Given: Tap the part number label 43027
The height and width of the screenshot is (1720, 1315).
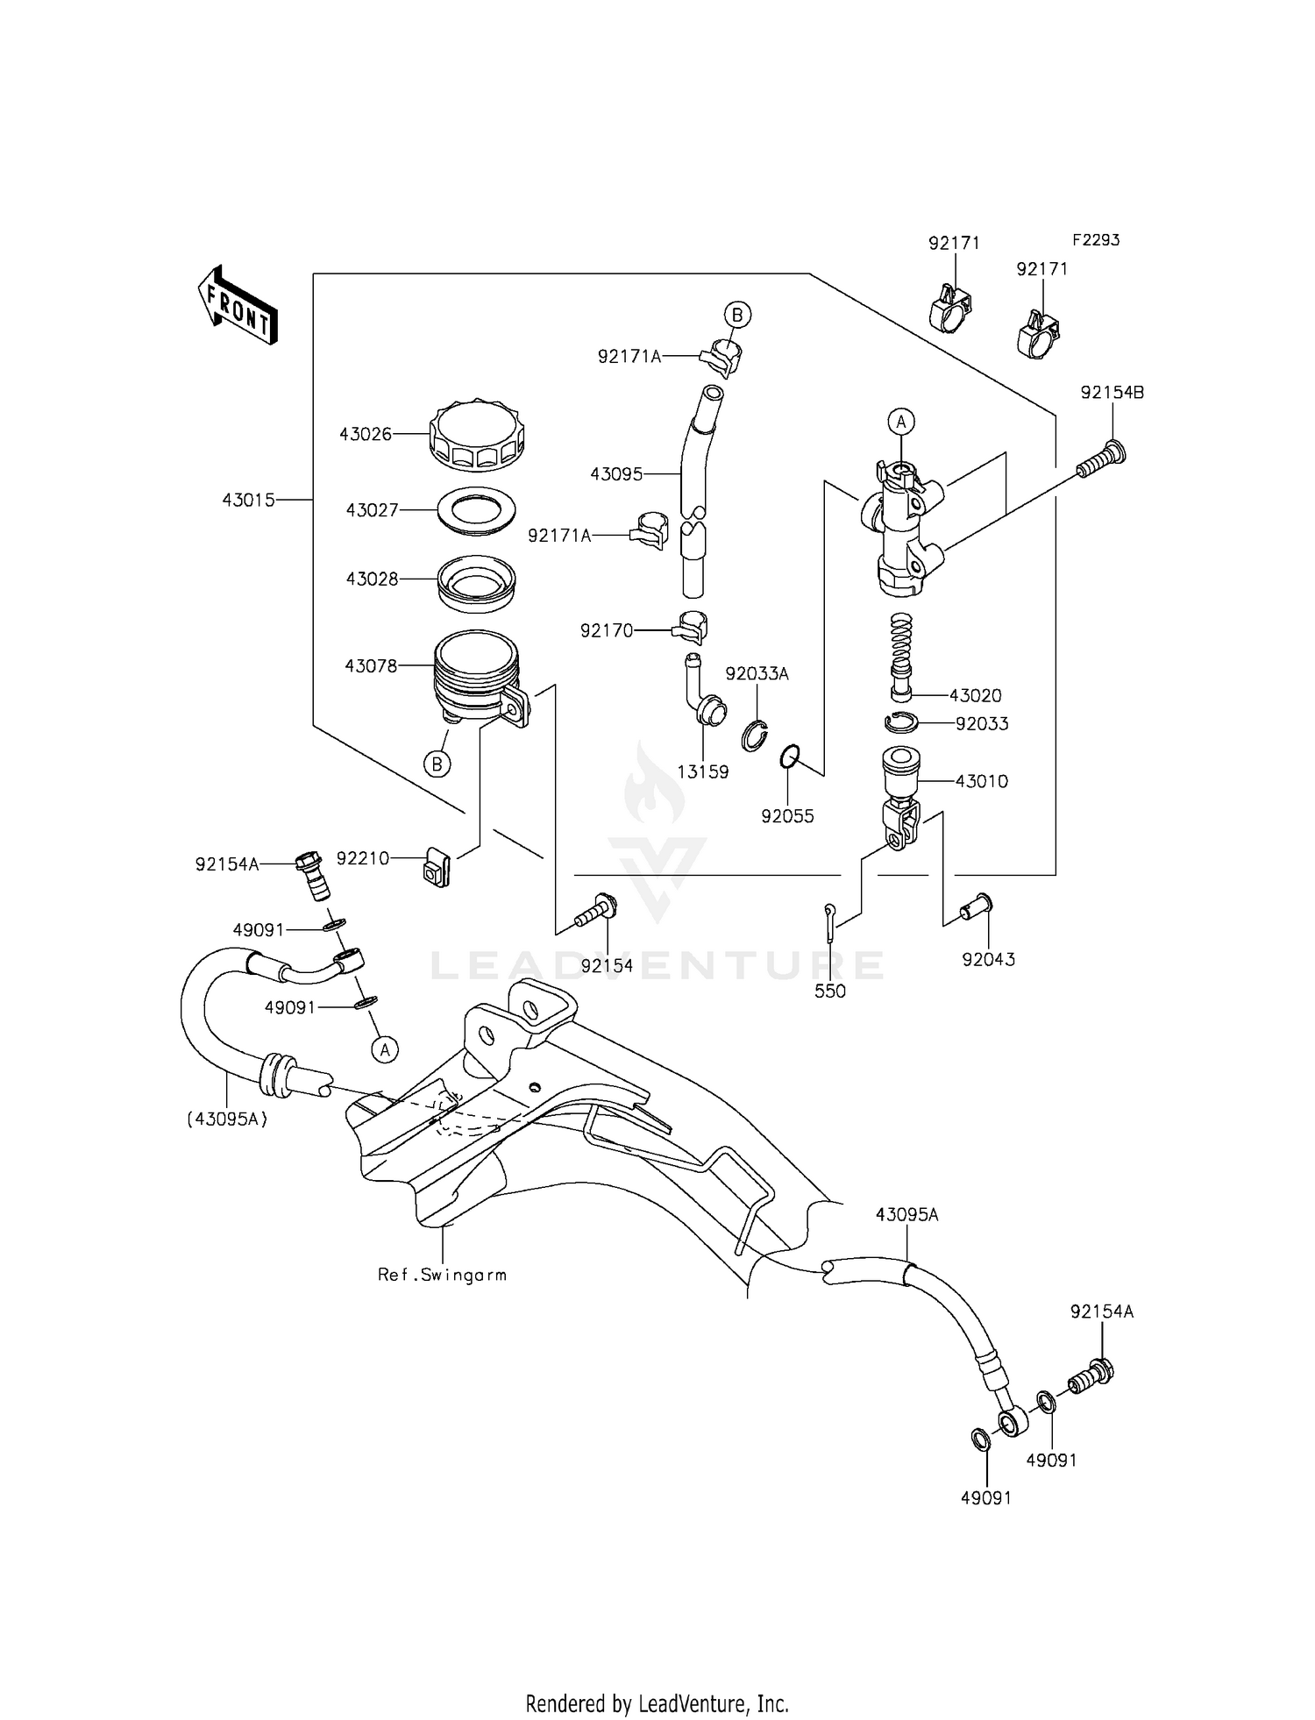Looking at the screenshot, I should (373, 510).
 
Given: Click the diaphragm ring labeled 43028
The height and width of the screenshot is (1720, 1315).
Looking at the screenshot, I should (477, 585).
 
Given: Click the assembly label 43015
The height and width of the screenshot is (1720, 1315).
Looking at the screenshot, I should (248, 500).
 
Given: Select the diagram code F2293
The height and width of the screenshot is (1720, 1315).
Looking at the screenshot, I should (1095, 239).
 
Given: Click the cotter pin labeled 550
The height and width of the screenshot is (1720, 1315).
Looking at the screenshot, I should (829, 920).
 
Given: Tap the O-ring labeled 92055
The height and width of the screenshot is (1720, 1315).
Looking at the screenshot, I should (790, 757).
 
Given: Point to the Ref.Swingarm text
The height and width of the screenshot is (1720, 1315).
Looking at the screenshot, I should (442, 1275).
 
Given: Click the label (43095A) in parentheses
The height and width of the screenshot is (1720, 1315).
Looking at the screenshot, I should (226, 1119).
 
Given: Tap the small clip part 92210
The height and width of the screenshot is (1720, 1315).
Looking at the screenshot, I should (436, 865).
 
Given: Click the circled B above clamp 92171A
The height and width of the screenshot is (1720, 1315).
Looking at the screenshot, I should (737, 315).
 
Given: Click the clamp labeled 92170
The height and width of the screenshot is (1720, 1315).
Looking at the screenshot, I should (691, 625).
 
